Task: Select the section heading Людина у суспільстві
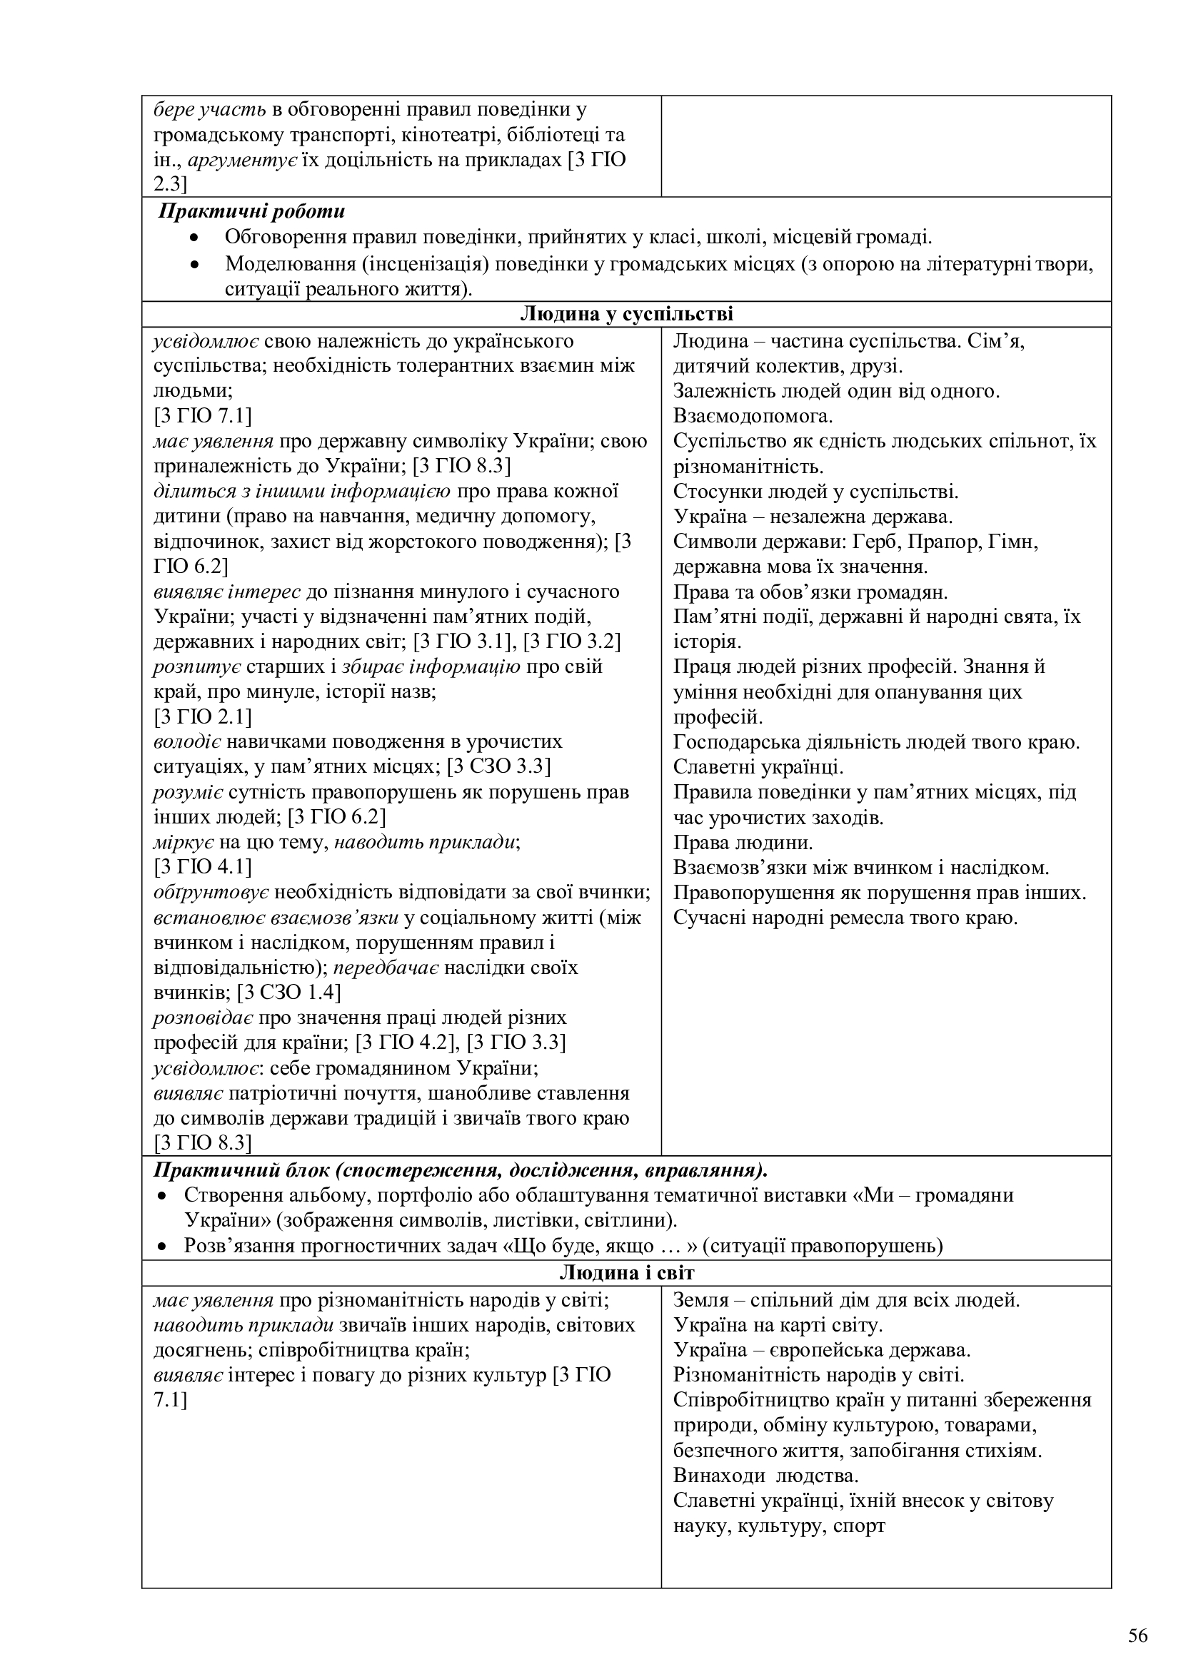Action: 626,314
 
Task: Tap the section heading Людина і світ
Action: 626,1273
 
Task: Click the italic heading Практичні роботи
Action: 251,211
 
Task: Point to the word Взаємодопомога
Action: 753,417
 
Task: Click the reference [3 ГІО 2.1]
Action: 203,716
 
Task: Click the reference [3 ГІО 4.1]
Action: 203,866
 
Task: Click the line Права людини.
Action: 743,843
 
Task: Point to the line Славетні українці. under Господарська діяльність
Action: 758,767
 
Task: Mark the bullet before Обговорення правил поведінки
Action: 194,238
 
